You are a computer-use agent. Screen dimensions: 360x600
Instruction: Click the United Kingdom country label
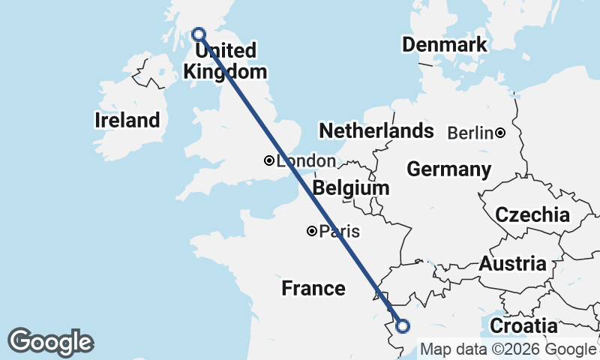225,61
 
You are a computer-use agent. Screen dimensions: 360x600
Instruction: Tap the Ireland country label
127,120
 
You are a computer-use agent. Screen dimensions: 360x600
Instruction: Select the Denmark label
445,45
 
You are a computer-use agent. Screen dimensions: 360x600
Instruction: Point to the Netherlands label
376,131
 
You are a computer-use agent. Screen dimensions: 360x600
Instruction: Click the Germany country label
449,169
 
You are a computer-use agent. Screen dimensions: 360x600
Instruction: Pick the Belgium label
352,187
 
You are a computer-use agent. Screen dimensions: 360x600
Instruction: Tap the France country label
313,288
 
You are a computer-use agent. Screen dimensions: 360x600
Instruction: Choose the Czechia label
532,214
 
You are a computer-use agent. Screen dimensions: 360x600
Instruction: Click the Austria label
513,264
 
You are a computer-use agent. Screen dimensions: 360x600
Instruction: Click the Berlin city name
470,133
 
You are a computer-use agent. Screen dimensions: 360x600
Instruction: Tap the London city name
306,160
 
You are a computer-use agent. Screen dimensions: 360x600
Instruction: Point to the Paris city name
339,232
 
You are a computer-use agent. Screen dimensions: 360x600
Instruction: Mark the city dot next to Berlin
500,133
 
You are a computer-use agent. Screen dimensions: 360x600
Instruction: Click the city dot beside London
268,160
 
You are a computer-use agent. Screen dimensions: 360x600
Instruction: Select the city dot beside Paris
311,231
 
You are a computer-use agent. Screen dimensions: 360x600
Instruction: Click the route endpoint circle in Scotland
199,34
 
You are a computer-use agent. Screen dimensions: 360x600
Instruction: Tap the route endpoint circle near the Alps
403,325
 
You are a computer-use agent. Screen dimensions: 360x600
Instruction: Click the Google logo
50,342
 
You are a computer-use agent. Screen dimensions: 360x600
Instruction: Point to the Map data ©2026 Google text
508,349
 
